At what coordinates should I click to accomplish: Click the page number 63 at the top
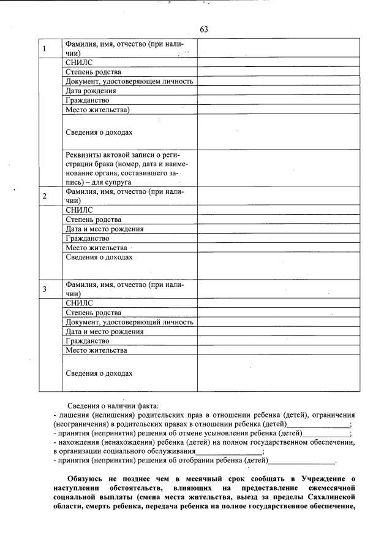[x=204, y=29]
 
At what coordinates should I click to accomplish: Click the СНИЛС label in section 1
[x=79, y=63]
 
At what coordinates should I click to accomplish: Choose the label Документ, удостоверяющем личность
[x=129, y=81]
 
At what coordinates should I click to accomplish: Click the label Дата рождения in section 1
[x=91, y=91]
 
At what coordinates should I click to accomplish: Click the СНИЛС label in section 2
[x=79, y=210]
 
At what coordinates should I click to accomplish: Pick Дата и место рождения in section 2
[x=105, y=229]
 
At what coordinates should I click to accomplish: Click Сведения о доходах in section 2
[x=99, y=257]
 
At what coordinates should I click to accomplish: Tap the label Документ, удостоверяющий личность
[x=129, y=322]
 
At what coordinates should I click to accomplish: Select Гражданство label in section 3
[x=88, y=340]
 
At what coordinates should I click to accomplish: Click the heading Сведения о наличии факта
[x=113, y=405]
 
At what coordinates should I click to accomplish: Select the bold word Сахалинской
[x=322, y=497]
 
